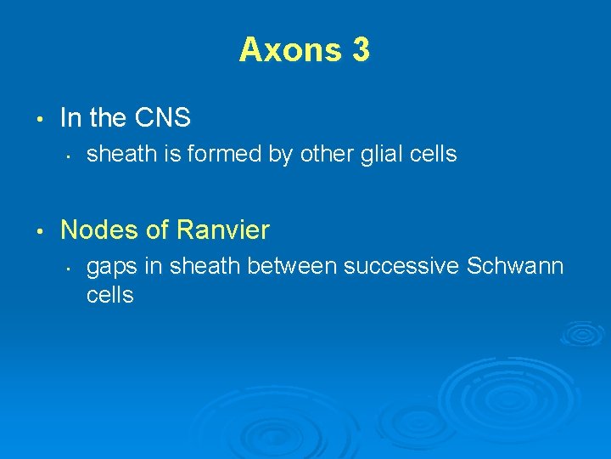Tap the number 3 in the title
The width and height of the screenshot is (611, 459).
[x=360, y=50]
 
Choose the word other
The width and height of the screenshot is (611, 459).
[x=328, y=154]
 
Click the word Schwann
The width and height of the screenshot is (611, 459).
[x=515, y=266]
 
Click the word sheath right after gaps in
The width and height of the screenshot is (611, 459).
[x=200, y=266]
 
